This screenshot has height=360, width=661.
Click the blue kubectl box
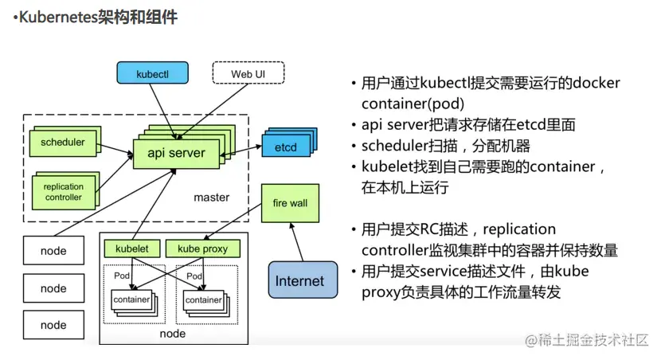click(x=152, y=73)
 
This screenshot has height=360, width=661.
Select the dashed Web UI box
click(x=247, y=73)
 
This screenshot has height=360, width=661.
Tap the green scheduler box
click(x=62, y=143)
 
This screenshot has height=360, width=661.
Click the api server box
click(x=176, y=152)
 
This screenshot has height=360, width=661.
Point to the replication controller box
click(x=63, y=192)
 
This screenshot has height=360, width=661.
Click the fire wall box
click(x=290, y=203)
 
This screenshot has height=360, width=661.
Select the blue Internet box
click(x=299, y=280)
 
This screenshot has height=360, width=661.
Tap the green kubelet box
click(x=132, y=248)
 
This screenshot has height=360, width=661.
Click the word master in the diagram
click(x=211, y=197)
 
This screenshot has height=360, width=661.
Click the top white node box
click(x=53, y=252)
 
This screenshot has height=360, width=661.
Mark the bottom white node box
click(x=53, y=325)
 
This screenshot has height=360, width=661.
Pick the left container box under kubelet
click(x=131, y=300)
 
